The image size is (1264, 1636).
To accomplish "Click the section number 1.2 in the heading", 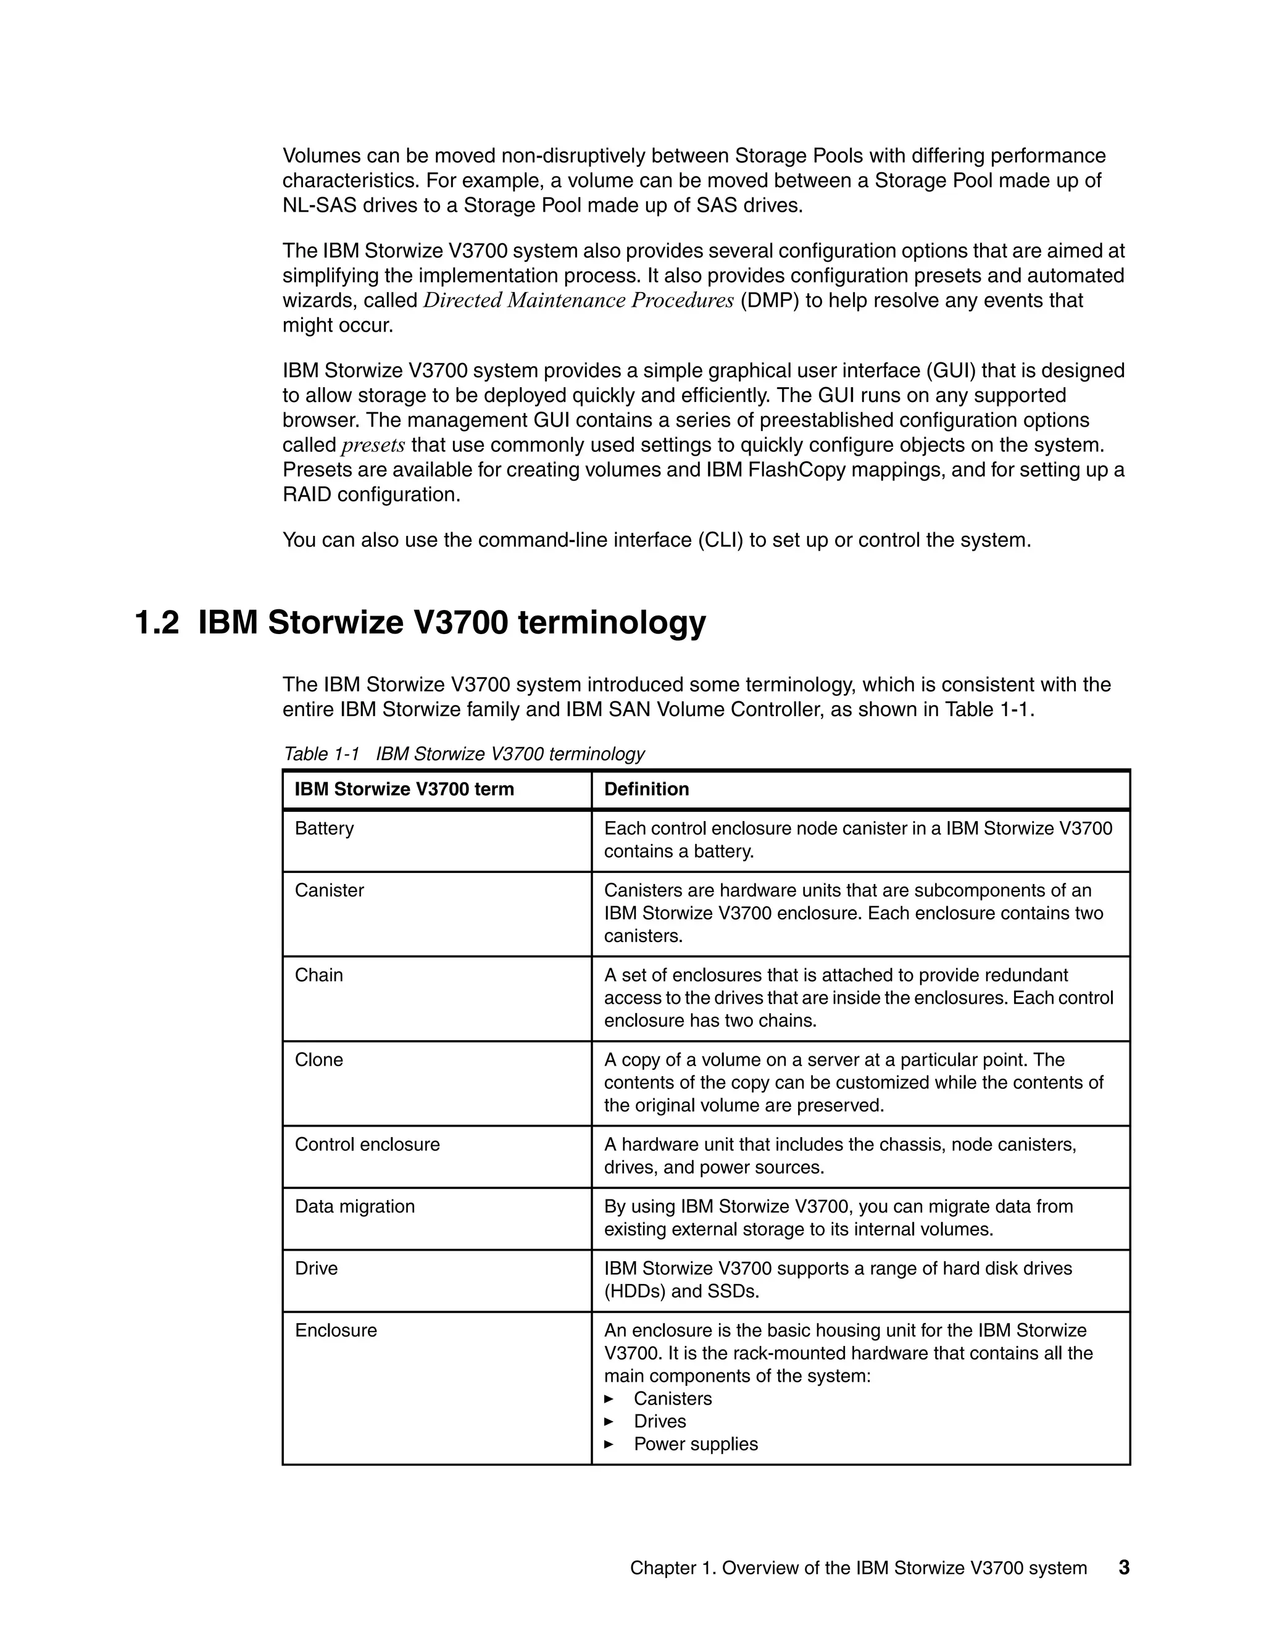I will (x=157, y=622).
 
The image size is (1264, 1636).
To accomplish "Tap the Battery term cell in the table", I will (x=324, y=828).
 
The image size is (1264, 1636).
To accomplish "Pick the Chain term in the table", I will (x=319, y=975).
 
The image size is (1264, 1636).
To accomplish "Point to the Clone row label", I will (x=319, y=1059).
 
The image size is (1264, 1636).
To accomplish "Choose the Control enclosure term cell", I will (x=367, y=1144).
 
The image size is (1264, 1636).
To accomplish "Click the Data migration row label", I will (x=355, y=1206).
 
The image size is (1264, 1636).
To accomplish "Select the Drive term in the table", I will (x=316, y=1268).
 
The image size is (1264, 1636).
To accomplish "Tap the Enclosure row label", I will (x=336, y=1330).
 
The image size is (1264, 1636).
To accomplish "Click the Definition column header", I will (x=646, y=789).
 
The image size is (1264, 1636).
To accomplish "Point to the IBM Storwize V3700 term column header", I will (x=404, y=789).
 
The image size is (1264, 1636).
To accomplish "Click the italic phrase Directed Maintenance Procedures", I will (x=578, y=301).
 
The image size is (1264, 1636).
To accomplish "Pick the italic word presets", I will (x=373, y=446).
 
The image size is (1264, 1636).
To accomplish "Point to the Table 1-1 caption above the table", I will (x=464, y=754).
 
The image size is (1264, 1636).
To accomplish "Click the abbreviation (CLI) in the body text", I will (x=720, y=540).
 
